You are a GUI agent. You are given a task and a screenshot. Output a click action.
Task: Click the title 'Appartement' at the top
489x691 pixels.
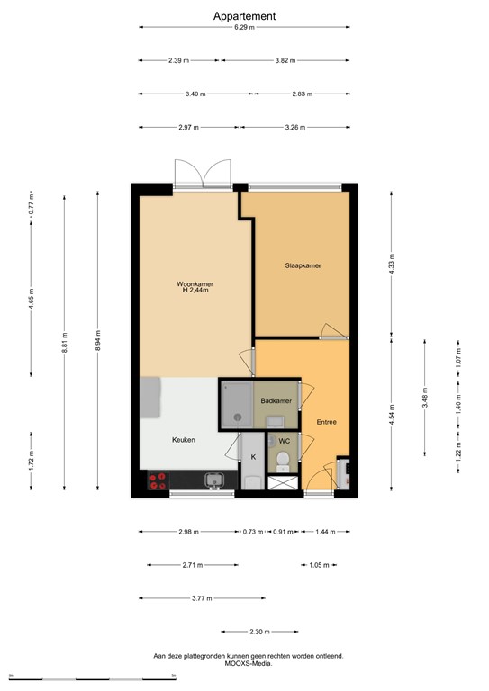[244, 15]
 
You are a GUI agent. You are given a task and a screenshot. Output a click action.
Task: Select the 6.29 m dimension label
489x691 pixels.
[244, 28]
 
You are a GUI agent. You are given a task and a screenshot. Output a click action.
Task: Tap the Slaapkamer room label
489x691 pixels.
[303, 265]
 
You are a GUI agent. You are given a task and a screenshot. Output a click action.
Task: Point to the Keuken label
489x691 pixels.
[184, 440]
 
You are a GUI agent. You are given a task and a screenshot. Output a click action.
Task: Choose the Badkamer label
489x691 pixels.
[275, 400]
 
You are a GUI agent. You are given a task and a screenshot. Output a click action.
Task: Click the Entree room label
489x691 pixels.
[326, 421]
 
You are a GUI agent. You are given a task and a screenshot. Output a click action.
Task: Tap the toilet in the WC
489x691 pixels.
[283, 461]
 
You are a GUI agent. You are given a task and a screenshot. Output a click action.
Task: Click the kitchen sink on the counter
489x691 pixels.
[214, 480]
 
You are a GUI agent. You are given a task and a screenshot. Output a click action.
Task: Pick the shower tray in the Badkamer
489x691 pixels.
[237, 402]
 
